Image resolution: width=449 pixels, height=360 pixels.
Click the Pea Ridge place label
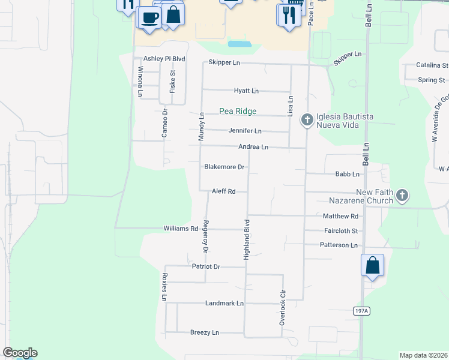[238, 111]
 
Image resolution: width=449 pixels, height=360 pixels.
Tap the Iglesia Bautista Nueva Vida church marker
[307, 120]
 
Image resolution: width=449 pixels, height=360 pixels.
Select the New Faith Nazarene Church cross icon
[402, 196]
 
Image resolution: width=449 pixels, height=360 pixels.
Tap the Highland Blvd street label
[246, 239]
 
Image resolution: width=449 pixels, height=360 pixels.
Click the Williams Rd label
[181, 229]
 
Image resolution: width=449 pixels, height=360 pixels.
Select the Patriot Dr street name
[206, 266]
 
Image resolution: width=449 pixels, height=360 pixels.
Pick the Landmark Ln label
[224, 304]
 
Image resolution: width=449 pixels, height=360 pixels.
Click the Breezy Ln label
[205, 332]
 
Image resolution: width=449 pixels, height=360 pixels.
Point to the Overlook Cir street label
[282, 308]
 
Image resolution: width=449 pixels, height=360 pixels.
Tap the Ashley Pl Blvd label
[164, 59]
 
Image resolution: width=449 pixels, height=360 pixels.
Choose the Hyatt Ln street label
[246, 91]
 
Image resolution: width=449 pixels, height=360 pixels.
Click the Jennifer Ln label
[245, 131]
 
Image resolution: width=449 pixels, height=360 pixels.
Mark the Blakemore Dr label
[224, 167]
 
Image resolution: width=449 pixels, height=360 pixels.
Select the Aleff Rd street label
[223, 191]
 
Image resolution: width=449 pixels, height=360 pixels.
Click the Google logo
[20, 353]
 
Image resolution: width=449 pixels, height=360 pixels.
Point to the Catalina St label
[432, 65]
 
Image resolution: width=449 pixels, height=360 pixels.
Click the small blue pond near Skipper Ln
[240, 44]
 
